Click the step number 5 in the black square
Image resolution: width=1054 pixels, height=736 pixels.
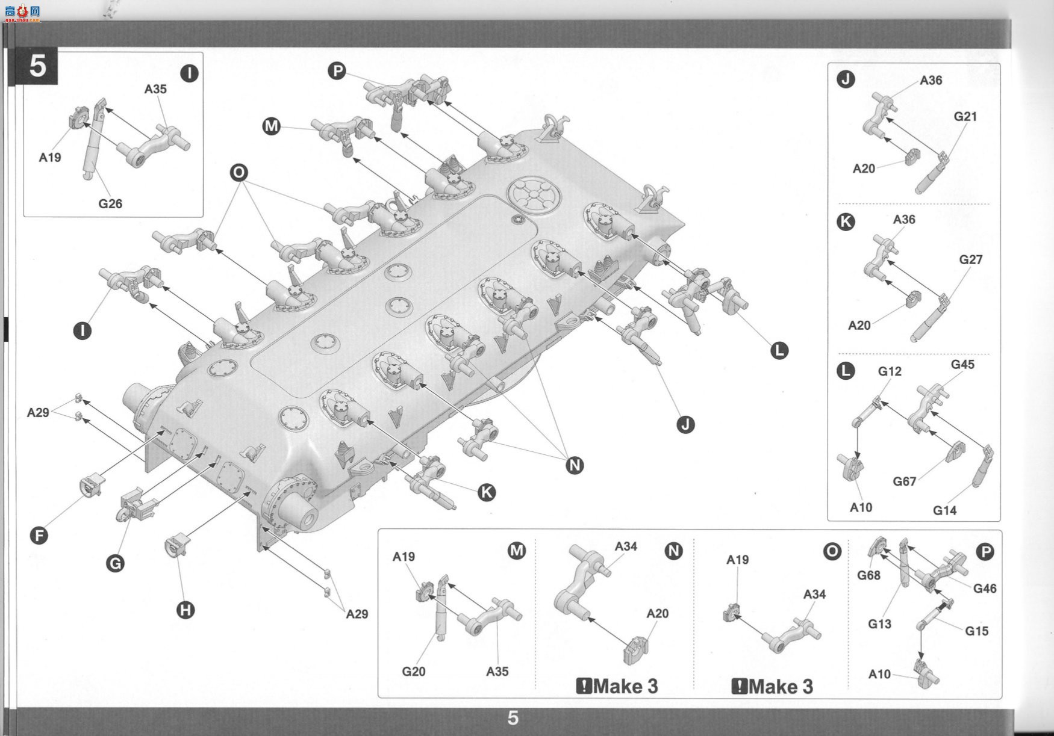(x=37, y=66)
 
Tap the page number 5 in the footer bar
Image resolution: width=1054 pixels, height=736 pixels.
(x=513, y=718)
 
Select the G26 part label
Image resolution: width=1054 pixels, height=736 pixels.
(x=110, y=204)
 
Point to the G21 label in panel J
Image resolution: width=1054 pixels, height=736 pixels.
(x=965, y=117)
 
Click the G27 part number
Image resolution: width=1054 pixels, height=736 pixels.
(x=970, y=259)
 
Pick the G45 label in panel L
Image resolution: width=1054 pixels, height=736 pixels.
(x=962, y=365)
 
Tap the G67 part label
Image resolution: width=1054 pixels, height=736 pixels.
(x=904, y=481)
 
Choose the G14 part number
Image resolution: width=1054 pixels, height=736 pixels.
(x=944, y=511)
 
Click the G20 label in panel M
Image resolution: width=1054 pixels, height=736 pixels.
(x=414, y=672)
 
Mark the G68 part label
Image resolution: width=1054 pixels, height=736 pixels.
(x=868, y=576)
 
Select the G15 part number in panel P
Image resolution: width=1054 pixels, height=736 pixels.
(x=976, y=631)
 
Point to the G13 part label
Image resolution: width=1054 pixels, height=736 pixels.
(x=879, y=625)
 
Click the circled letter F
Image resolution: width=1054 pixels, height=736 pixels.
(x=39, y=536)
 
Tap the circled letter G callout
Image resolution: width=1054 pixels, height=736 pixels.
(x=115, y=563)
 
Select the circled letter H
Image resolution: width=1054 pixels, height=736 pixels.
(x=186, y=610)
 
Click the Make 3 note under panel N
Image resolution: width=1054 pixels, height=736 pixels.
(x=617, y=686)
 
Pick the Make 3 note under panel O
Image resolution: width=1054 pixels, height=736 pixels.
(x=772, y=687)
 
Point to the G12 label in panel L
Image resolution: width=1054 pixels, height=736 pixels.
(x=890, y=372)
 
